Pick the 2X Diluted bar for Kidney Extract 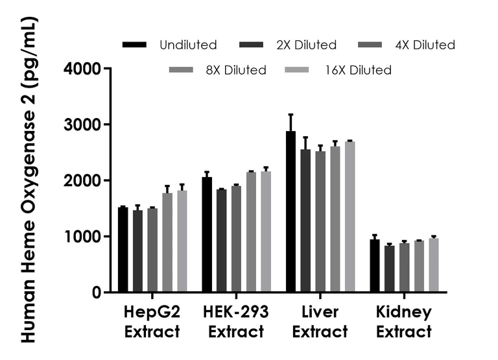tap(389, 269)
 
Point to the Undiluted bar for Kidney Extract tap(375, 266)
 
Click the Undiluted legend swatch tap(134, 45)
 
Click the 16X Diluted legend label tap(359, 70)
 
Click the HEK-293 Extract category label tap(235, 322)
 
